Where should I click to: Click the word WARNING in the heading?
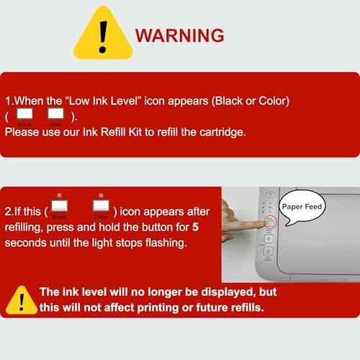[179, 35]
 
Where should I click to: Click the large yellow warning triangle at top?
[103, 34]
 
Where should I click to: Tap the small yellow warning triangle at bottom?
[22, 300]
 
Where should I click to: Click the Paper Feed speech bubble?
[302, 207]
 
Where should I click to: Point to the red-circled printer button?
[270, 222]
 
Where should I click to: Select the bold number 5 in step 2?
[196, 227]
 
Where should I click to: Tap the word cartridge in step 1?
[222, 132]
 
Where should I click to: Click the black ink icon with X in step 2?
[60, 205]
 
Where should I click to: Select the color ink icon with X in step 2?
[101, 205]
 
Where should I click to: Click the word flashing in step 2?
[166, 243]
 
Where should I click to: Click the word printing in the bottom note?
[158, 308]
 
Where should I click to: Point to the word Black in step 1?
[228, 101]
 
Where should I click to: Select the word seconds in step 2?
[25, 243]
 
